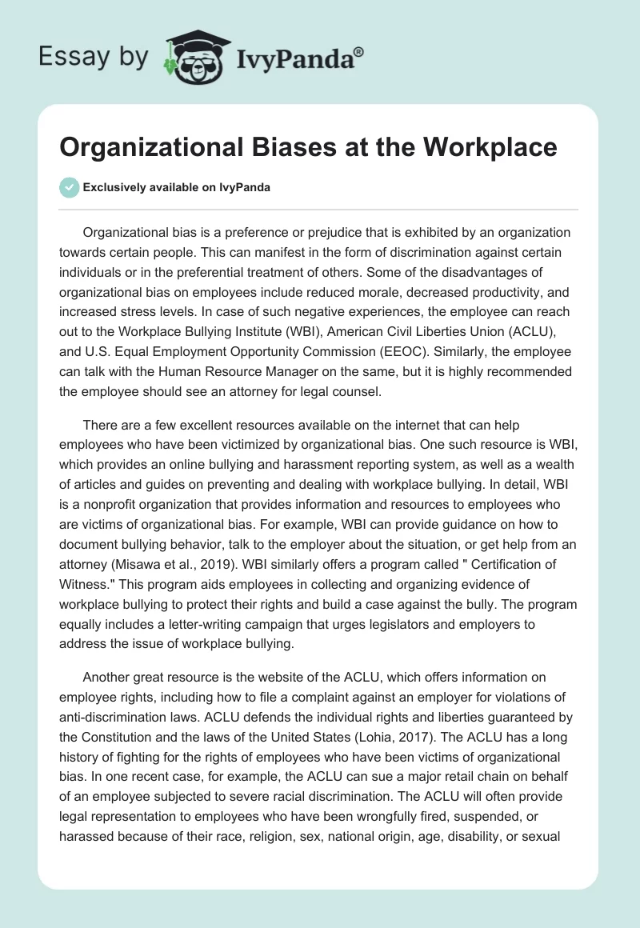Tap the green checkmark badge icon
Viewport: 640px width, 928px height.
coord(69,187)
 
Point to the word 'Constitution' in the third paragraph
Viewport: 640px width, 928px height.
coord(118,737)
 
